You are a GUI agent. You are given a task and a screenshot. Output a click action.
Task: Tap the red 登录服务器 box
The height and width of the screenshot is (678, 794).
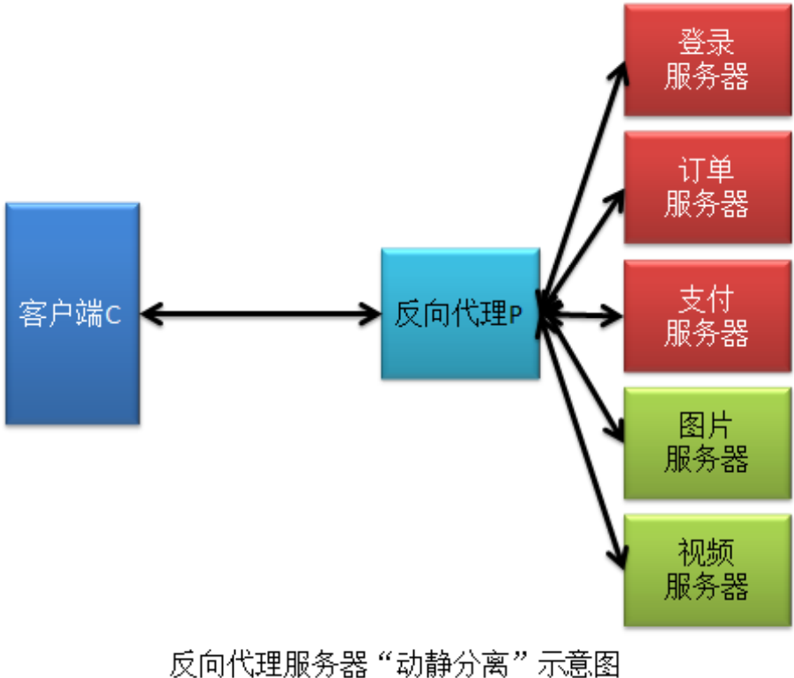tap(707, 60)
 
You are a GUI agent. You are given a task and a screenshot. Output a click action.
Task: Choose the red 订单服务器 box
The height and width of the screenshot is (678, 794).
tap(707, 187)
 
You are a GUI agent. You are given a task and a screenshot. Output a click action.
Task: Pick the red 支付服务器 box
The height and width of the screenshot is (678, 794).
tap(707, 315)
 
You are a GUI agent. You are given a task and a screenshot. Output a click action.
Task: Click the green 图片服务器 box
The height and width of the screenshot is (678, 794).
tap(707, 443)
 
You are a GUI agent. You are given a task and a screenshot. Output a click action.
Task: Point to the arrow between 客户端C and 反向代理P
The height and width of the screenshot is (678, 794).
tap(260, 313)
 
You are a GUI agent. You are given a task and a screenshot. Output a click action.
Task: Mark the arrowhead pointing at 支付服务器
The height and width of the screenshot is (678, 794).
tap(615, 313)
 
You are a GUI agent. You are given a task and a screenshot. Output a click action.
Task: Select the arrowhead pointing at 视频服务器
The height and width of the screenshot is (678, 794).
tap(620, 555)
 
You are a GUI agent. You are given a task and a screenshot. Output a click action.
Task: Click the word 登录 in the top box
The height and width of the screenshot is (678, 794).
tap(707, 42)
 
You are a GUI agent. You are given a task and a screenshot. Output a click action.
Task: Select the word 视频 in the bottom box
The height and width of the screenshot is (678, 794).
tap(707, 553)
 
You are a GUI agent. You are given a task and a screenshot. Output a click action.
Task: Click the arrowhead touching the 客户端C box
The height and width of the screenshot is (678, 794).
tap(150, 313)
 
